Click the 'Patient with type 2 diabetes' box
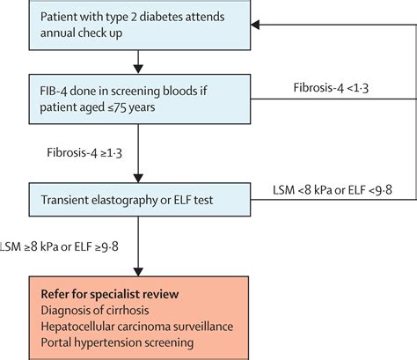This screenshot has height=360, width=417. click(x=137, y=26)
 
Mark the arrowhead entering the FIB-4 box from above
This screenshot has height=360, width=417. click(x=137, y=68)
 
